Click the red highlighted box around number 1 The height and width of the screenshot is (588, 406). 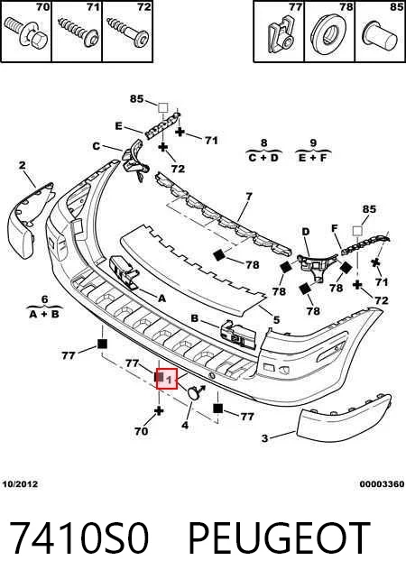[x=167, y=379]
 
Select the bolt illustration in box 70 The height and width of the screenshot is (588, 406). [x=26, y=32]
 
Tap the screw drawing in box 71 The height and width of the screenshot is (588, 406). [x=78, y=32]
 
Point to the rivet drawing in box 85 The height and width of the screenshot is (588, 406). [x=380, y=35]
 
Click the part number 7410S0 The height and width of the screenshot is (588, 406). [x=79, y=537]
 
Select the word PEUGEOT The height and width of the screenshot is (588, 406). [x=279, y=537]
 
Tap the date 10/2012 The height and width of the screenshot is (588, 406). [x=20, y=483]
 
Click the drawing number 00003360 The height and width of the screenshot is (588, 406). [x=382, y=484]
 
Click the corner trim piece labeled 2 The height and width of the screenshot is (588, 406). [x=30, y=221]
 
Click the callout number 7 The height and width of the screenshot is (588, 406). [x=249, y=196]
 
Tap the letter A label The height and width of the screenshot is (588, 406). [x=161, y=299]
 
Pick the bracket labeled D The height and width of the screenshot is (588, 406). [x=316, y=265]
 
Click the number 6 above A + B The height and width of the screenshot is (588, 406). [x=44, y=299]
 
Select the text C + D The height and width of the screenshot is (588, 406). [x=263, y=158]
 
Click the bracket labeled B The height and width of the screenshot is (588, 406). [x=239, y=334]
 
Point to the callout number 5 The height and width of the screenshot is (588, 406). [x=277, y=320]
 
